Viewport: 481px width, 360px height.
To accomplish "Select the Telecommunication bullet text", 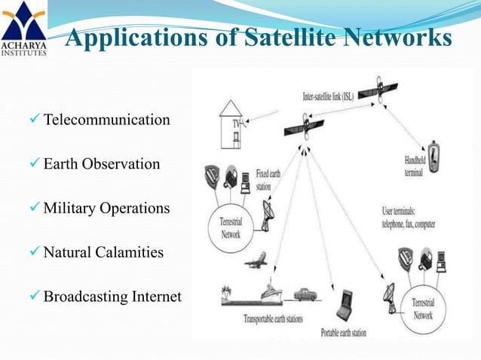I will [x=106, y=120].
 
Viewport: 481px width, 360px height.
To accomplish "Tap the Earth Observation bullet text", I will [x=102, y=163].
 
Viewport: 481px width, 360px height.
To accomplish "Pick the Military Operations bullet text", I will [x=106, y=208].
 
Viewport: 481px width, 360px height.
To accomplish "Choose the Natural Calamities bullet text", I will [x=103, y=252].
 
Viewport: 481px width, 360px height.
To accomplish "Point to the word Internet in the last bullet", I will [x=156, y=296].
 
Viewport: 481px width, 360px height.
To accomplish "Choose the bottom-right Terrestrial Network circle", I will [x=422, y=309].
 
